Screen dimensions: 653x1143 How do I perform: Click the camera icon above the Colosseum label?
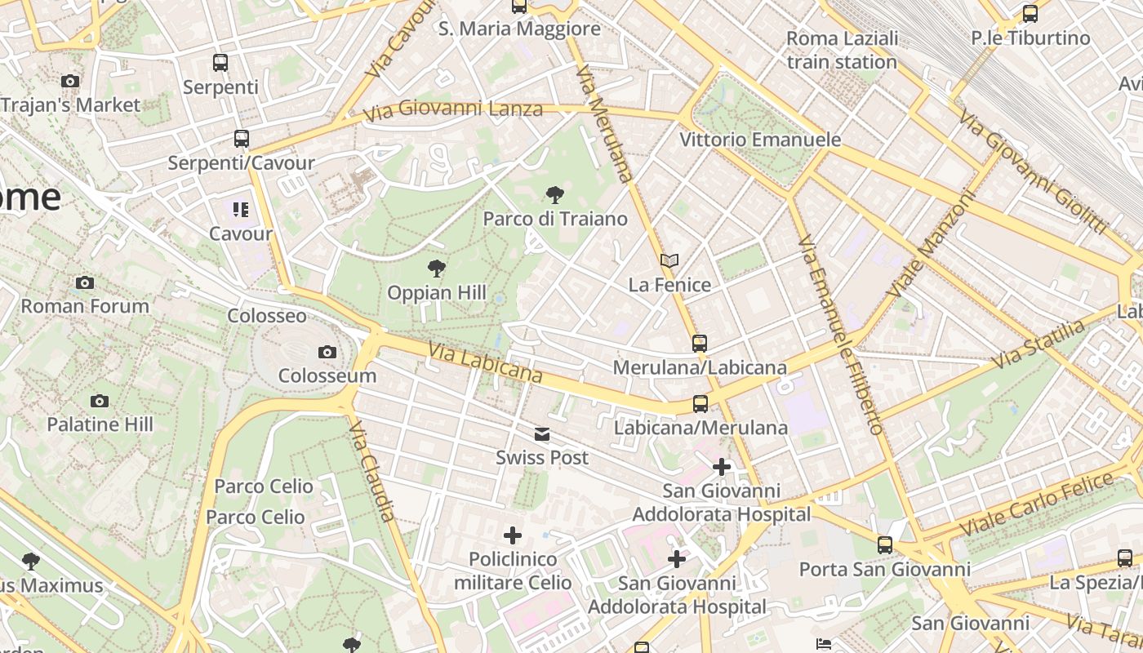pos(327,352)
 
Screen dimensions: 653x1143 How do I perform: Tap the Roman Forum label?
pos(85,306)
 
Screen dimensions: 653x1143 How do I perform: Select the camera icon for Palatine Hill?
pos(100,401)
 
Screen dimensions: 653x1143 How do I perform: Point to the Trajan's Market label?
pos(71,104)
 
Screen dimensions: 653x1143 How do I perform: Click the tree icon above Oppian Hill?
pos(437,268)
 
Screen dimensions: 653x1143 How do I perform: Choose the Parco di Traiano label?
pos(555,219)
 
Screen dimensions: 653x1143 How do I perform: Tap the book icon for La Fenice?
pos(669,260)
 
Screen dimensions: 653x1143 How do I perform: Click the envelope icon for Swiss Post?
pos(542,433)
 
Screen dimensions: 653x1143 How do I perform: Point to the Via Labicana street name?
pos(485,363)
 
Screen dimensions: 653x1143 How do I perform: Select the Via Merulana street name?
pos(605,124)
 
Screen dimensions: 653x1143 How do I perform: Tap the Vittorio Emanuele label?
pos(760,140)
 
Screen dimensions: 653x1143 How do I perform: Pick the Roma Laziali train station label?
pos(843,50)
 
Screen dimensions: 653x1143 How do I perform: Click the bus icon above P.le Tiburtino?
pos(1030,14)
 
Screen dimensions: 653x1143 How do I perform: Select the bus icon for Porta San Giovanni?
pos(885,544)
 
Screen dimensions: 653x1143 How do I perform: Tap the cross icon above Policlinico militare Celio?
pos(513,535)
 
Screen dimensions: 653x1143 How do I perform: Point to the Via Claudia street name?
pos(373,471)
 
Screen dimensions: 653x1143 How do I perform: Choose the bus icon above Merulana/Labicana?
pos(700,343)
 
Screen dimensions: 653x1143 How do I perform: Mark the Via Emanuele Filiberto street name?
pos(841,335)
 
